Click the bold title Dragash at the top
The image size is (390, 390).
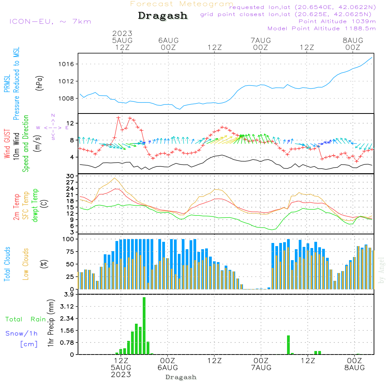coord(163,16)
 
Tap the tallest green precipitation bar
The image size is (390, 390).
coord(144,326)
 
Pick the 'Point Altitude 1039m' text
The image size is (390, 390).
coord(337,21)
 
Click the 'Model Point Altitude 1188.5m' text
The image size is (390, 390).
coord(322,28)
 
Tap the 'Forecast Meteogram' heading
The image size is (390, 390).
coord(182,4)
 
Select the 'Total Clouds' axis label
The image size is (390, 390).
coord(7,264)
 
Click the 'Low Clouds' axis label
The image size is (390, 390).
coord(26,264)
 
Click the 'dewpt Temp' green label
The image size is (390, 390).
coord(35,206)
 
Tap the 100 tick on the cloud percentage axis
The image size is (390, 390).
coord(68,239)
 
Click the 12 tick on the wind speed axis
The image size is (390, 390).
coord(70,123)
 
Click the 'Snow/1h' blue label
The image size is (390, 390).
coord(22,333)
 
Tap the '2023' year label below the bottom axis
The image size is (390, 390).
coord(121,375)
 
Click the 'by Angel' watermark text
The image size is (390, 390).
coord(381,271)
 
